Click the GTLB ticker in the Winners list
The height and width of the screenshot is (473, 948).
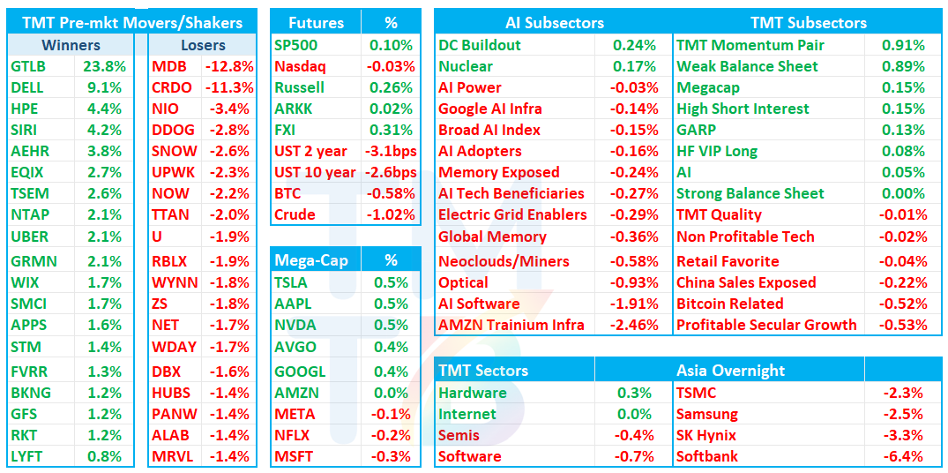click(x=28, y=66)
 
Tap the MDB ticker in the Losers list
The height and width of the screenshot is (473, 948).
click(x=169, y=66)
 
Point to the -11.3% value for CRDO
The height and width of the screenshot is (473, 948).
click(x=229, y=87)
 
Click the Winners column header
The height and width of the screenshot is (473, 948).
click(x=71, y=45)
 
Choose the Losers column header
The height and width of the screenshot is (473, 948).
click(x=203, y=45)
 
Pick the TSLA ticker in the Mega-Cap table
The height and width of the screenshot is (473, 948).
click(x=290, y=282)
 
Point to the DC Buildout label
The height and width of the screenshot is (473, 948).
click(x=480, y=45)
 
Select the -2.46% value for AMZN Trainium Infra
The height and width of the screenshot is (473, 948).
click(x=634, y=325)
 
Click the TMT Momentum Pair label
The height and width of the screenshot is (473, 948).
click(x=750, y=45)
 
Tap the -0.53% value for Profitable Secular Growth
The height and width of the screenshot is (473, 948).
click(x=904, y=325)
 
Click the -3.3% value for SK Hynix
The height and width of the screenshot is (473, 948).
click(x=903, y=436)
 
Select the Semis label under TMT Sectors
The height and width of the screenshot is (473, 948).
click(x=459, y=436)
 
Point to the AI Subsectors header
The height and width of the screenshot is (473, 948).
click(x=555, y=23)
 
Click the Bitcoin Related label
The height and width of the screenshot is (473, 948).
click(x=730, y=304)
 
